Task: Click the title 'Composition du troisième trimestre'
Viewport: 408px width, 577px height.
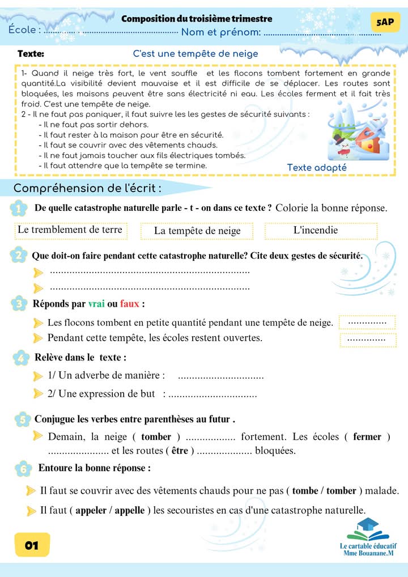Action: (x=197, y=19)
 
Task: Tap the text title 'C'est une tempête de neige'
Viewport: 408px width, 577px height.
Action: (x=195, y=54)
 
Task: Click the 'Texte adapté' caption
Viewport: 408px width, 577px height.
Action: (x=317, y=168)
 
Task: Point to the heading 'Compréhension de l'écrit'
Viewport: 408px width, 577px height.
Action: (x=87, y=188)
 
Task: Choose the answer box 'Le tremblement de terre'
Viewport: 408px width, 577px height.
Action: (x=70, y=230)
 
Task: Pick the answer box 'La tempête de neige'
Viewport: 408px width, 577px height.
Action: (x=197, y=231)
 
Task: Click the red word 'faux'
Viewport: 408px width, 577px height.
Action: (x=130, y=304)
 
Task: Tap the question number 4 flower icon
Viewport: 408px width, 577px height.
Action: (x=21, y=358)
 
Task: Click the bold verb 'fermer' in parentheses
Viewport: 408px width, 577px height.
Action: (x=367, y=437)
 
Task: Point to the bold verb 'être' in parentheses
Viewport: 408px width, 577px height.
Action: (x=180, y=451)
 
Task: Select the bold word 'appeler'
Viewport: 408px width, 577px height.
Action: (x=91, y=511)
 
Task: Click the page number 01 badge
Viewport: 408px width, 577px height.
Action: (x=32, y=545)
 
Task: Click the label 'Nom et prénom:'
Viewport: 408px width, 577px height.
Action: (x=221, y=32)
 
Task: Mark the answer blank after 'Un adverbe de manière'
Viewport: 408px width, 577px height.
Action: (x=221, y=376)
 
